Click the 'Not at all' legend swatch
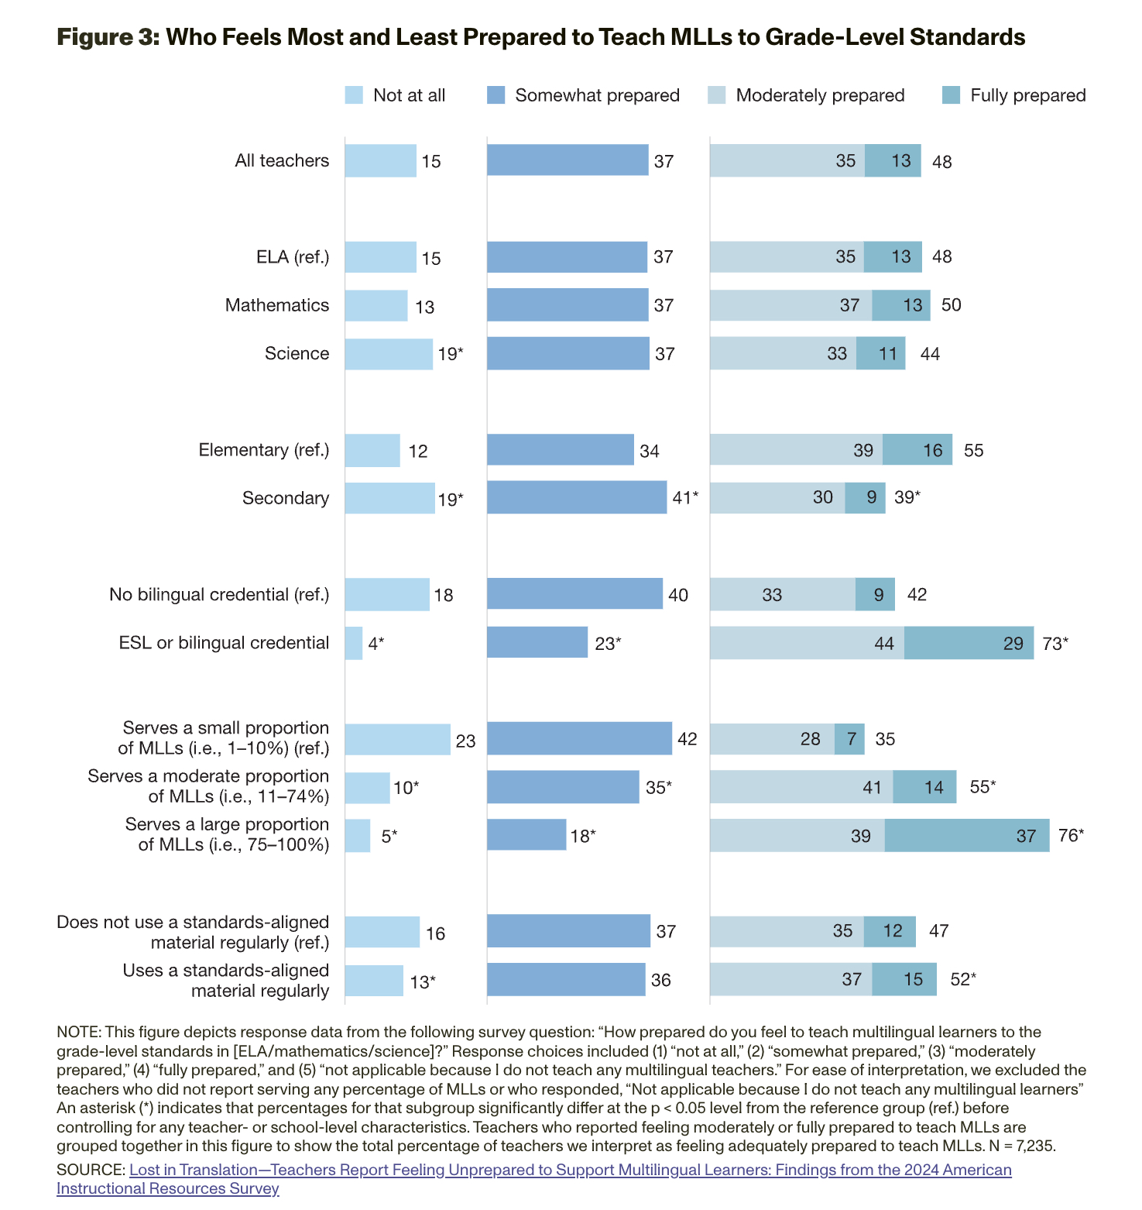[x=354, y=95]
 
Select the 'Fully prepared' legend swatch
[x=951, y=95]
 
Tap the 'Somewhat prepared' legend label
[x=597, y=95]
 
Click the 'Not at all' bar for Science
[x=389, y=354]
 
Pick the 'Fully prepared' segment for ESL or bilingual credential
[x=969, y=643]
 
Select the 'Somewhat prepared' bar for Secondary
[x=577, y=497]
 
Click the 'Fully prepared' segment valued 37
[x=967, y=836]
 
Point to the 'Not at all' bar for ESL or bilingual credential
[x=354, y=643]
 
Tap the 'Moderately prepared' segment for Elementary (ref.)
[x=796, y=450]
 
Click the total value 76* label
[x=1071, y=836]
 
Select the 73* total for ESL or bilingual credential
[x=1055, y=643]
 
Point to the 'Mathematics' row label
[x=277, y=305]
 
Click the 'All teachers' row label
[x=282, y=160]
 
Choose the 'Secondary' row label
[x=286, y=498]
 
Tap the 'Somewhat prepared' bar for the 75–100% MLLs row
[x=526, y=835]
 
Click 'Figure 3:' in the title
[x=108, y=37]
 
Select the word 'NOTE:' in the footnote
[x=79, y=1033]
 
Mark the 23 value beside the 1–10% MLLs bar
[x=465, y=741]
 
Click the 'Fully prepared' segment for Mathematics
[x=901, y=305]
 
